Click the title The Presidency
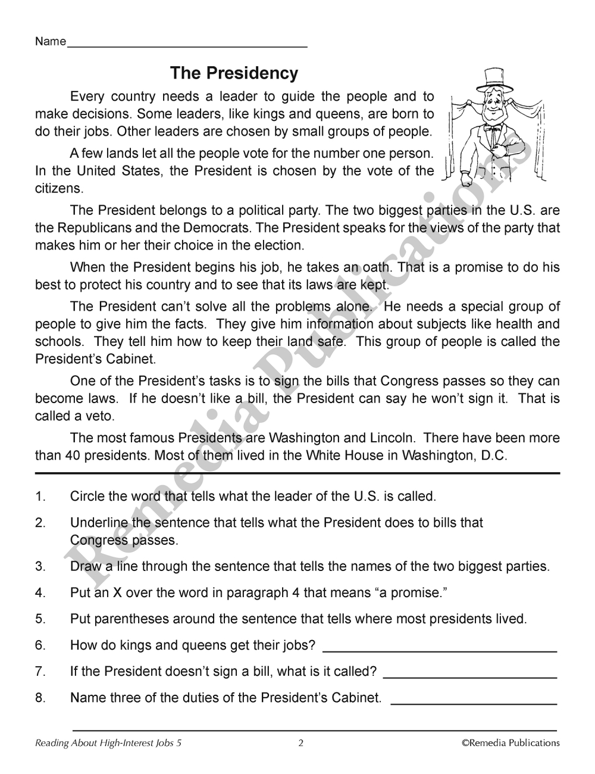[x=234, y=73]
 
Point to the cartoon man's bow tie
[x=492, y=128]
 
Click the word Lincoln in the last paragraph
[x=391, y=438]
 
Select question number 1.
[x=40, y=496]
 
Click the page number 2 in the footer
[x=300, y=742]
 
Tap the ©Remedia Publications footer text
[x=511, y=742]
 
